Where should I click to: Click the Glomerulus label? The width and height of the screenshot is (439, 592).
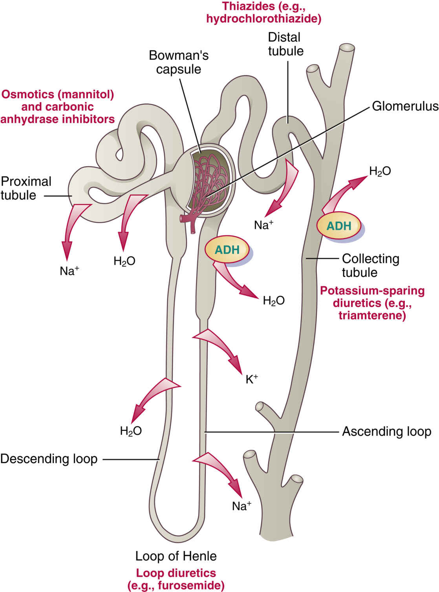click(405, 106)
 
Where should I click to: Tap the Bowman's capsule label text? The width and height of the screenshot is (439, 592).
click(179, 62)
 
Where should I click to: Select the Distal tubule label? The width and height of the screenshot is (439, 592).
click(285, 44)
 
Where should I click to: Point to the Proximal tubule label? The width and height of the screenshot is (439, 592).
click(26, 188)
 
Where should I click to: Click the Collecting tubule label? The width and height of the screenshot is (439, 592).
click(370, 265)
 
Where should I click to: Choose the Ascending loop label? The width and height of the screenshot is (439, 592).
click(386, 432)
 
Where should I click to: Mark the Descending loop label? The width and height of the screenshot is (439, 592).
click(49, 459)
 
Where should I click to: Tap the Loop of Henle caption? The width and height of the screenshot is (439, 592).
click(176, 556)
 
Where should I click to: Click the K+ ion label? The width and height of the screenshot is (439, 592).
click(252, 379)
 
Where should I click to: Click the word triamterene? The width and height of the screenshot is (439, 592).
click(372, 315)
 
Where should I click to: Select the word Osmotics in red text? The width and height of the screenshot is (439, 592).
click(26, 94)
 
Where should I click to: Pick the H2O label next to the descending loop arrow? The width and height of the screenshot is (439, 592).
click(131, 431)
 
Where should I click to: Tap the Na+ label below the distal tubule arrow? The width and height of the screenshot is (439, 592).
click(264, 225)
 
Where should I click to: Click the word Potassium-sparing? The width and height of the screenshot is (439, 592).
click(372, 291)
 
